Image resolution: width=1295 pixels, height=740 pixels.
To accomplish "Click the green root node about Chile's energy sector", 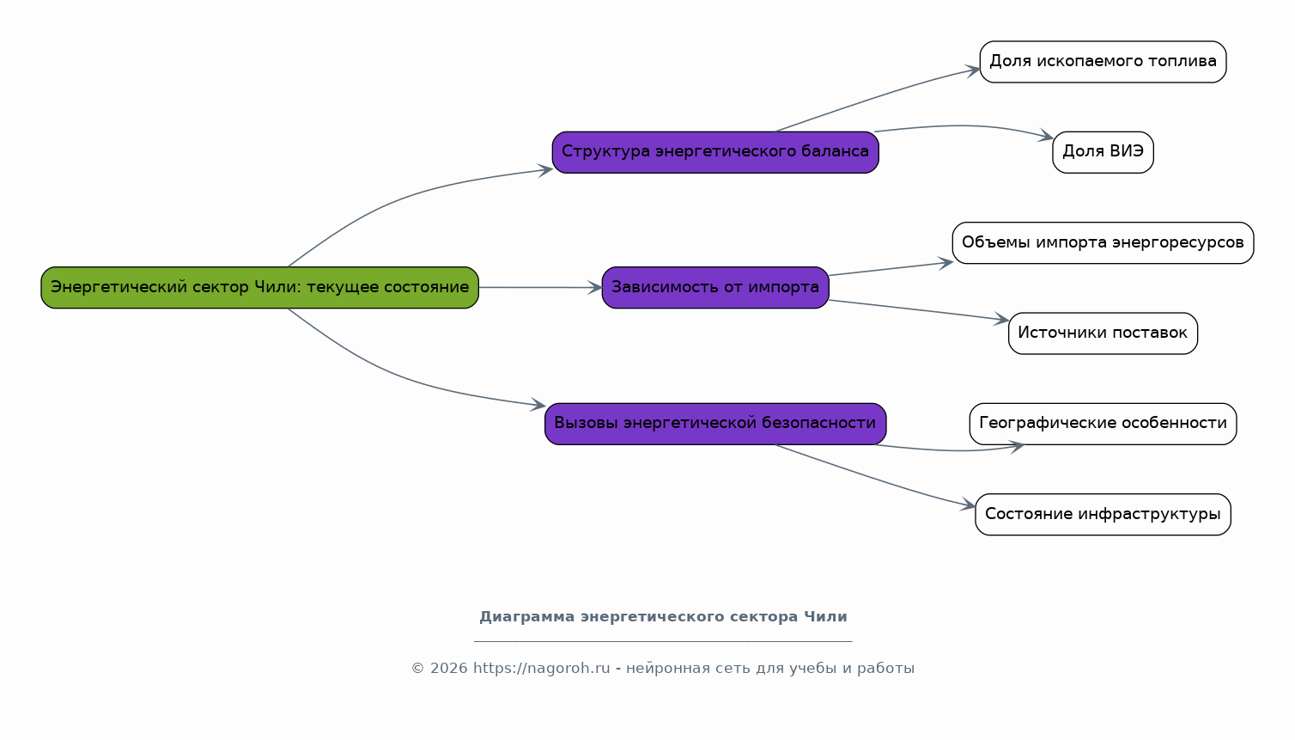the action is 259,288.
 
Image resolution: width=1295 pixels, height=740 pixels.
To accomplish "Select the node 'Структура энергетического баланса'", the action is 715,152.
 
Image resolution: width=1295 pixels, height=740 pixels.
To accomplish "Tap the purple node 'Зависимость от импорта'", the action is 715,288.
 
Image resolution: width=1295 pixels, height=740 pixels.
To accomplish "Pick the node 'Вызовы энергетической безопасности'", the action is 715,424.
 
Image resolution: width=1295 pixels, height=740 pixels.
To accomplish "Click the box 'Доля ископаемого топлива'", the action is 1103,62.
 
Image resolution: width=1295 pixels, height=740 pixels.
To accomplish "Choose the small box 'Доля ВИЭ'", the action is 1103,152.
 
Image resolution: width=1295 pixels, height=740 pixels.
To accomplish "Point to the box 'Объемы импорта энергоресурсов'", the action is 1103,243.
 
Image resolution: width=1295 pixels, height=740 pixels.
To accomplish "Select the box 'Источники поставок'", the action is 1103,333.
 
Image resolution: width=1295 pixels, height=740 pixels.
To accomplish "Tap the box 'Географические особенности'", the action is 1103,424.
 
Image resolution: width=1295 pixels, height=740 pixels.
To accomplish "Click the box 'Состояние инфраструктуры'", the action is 1103,514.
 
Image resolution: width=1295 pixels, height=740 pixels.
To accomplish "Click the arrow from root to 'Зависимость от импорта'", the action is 540,288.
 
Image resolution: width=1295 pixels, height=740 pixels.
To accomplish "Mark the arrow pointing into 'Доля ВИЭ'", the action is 963,126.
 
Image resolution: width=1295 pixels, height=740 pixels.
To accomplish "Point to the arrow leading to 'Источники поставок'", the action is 919,310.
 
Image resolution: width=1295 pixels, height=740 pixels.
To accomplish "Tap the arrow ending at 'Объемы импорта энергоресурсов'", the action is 891,269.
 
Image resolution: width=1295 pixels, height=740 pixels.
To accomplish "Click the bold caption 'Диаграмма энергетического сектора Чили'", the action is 663,617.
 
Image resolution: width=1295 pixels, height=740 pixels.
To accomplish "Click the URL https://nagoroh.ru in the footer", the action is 541,669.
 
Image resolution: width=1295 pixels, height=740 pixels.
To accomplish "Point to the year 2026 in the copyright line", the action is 448,669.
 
